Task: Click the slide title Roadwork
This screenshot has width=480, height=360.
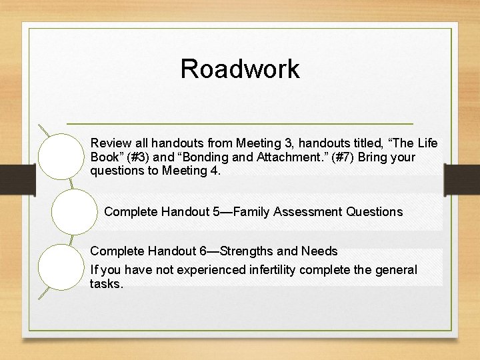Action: [x=240, y=69]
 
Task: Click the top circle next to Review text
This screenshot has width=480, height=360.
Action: [x=59, y=155]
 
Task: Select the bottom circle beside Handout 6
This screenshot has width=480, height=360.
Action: [x=59, y=267]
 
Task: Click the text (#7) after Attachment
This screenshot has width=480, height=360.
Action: [x=327, y=157]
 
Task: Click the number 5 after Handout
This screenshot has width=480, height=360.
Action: [x=217, y=212]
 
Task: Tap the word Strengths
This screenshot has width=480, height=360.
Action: [x=245, y=251]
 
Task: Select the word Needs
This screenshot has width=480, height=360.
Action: [x=319, y=251]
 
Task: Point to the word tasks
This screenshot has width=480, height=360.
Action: [x=105, y=284]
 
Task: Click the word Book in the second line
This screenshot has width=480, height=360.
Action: [x=104, y=157]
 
